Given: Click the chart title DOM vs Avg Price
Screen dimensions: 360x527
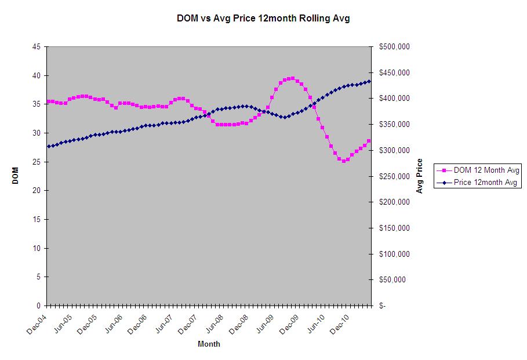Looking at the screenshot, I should point(263,19).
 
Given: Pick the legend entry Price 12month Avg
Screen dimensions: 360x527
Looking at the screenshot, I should point(483,183).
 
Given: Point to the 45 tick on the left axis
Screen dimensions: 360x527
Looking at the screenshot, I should point(37,47).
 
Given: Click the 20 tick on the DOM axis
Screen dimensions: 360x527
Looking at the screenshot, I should point(37,191).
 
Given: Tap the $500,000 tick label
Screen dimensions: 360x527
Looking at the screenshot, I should point(394,47).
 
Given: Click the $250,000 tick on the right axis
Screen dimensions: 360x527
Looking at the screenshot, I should point(394,176).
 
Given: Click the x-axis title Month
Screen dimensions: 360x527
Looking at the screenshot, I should point(209,344).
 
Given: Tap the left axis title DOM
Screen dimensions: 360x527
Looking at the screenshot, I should point(16,176).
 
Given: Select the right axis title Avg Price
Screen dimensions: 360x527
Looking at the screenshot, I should point(419,176).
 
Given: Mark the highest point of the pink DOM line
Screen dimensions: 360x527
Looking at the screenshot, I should point(293,78).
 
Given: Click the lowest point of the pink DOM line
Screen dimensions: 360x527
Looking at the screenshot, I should point(343,161).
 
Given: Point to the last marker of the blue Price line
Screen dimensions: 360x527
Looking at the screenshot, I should point(369,81).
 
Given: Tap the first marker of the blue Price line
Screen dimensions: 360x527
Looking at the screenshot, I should point(49,147).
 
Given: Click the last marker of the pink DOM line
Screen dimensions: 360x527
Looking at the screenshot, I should point(369,141).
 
